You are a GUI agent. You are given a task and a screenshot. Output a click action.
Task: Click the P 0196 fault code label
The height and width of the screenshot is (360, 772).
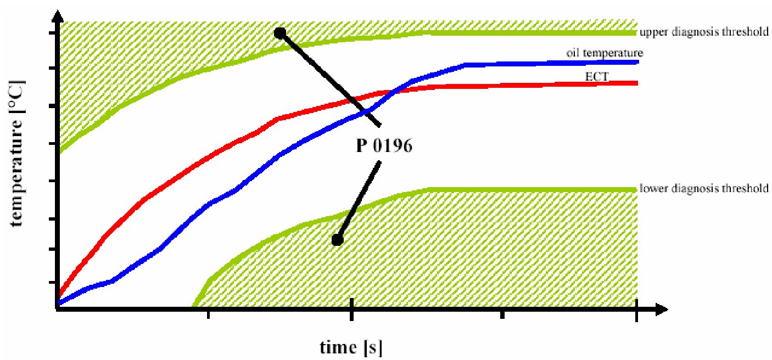point(381,147)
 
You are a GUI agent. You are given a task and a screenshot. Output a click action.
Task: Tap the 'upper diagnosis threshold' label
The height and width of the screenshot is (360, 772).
point(704,32)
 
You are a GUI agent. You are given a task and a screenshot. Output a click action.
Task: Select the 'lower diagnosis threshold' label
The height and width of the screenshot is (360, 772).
point(704,188)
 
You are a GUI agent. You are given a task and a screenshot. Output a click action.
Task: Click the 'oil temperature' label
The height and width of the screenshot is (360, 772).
point(605,53)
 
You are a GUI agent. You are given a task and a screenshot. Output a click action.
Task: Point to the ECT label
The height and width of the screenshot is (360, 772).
point(597,77)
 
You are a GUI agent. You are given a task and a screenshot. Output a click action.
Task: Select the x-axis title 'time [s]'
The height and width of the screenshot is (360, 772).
point(351,347)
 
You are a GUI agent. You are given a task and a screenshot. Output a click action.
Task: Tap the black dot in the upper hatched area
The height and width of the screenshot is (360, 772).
point(279,33)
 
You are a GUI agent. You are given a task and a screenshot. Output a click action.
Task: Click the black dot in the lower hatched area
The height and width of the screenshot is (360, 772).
point(337,240)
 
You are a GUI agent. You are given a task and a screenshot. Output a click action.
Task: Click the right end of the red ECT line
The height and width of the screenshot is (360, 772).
point(636,83)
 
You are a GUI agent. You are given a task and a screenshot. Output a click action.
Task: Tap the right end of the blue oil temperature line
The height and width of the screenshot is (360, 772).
point(636,62)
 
